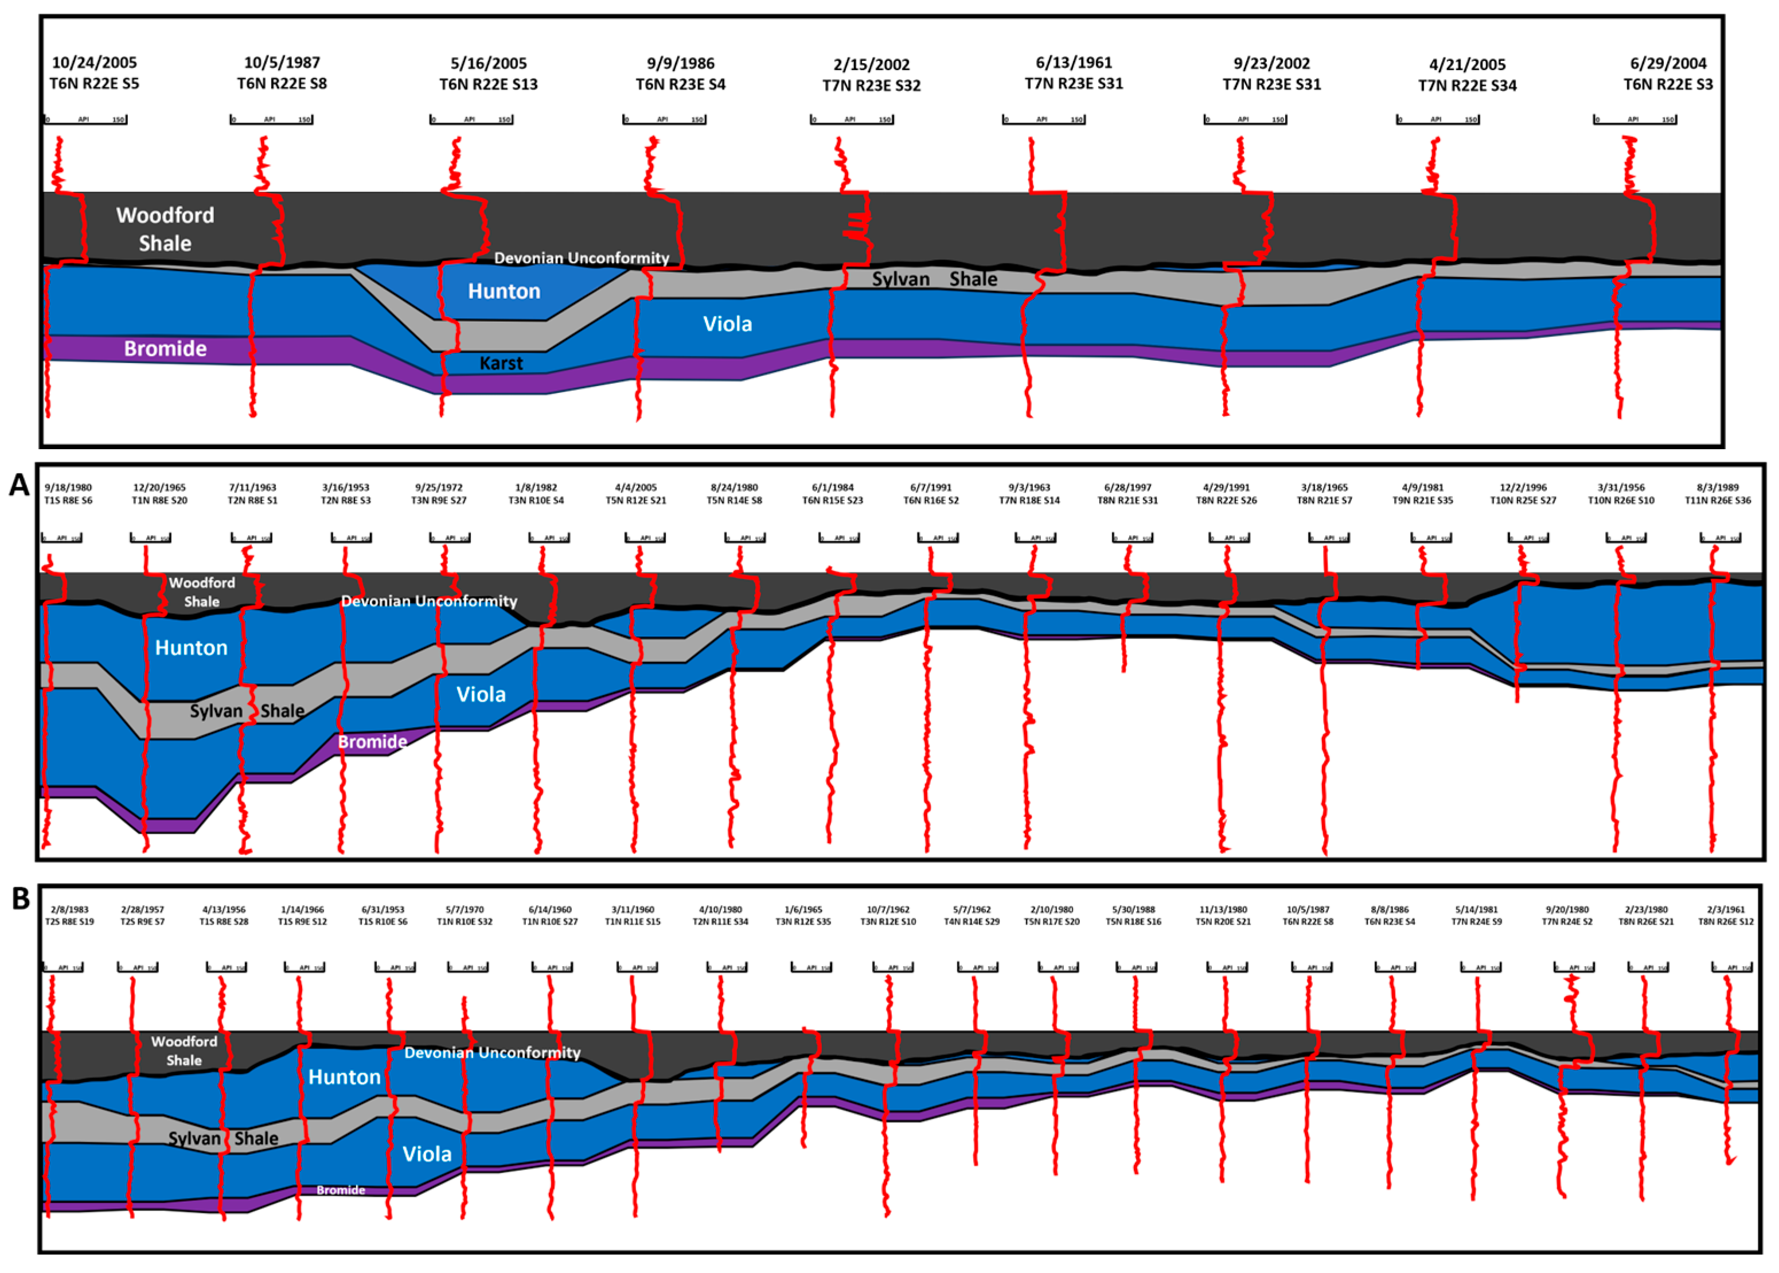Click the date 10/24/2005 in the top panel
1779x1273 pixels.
tap(94, 62)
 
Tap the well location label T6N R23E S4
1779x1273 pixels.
tap(680, 84)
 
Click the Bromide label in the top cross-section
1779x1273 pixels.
tap(165, 349)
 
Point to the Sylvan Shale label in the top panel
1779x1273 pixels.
tap(934, 279)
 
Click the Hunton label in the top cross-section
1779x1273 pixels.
tap(504, 291)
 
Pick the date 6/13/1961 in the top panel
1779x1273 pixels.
tap(1074, 62)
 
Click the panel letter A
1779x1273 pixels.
tap(19, 485)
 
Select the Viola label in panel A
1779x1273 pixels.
tap(481, 695)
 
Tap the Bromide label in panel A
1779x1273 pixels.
tap(372, 742)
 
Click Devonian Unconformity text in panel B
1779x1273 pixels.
tap(492, 1053)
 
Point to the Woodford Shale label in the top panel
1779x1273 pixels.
tap(165, 229)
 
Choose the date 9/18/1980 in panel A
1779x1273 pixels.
tap(68, 488)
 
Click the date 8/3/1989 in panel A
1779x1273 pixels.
tap(1717, 488)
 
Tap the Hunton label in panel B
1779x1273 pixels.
tap(344, 1077)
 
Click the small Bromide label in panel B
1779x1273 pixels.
tap(341, 1190)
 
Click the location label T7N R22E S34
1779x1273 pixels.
tap(1467, 85)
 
